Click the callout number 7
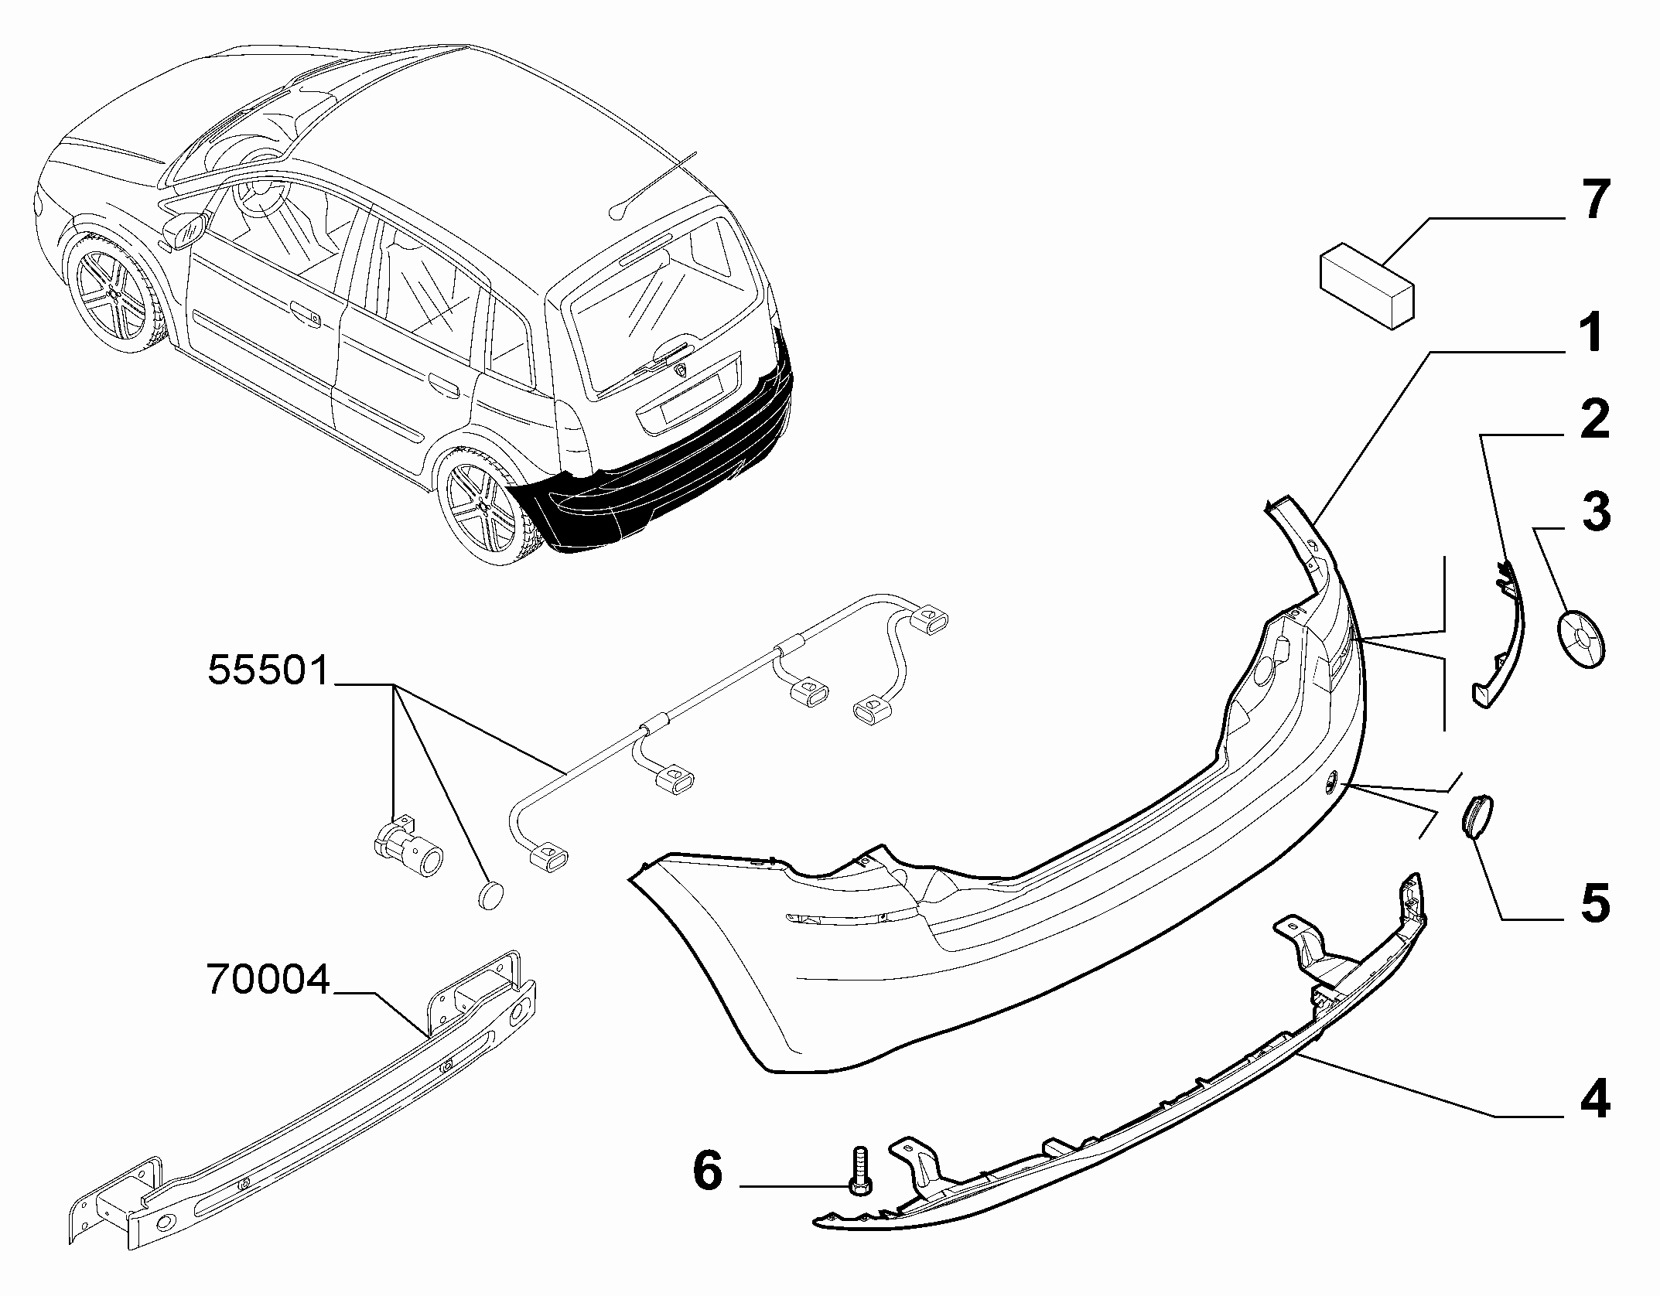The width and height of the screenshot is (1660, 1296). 1592,200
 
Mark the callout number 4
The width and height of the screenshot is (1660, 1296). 1593,1098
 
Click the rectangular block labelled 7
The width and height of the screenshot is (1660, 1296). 1366,285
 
